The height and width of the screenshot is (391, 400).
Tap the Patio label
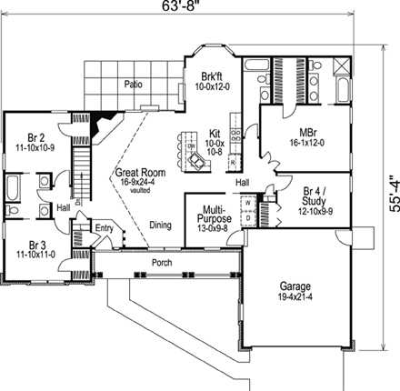[x=134, y=84]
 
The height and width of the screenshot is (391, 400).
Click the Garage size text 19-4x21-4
[x=301, y=296]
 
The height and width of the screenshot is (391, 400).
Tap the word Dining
[x=160, y=226]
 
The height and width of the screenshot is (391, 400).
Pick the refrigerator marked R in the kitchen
[x=234, y=162]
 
